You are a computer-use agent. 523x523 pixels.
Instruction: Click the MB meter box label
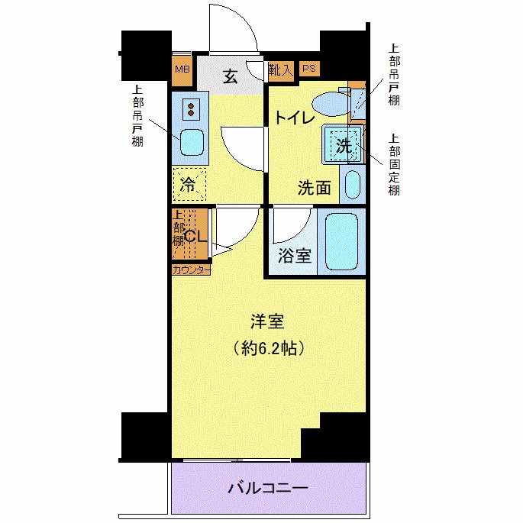point(182,69)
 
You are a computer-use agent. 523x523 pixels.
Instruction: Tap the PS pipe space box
point(308,69)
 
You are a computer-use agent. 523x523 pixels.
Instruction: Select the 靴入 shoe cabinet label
point(280,69)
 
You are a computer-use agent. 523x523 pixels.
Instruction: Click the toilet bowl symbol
point(329,102)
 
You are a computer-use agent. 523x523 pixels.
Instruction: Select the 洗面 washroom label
point(314,188)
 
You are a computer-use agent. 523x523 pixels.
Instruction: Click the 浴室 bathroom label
point(294,255)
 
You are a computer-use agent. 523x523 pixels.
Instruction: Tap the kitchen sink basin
point(191,143)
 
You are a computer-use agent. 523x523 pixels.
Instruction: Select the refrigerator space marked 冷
point(188,183)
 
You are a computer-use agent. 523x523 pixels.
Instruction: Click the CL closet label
point(195,236)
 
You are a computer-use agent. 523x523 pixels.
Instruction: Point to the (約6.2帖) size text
point(268,349)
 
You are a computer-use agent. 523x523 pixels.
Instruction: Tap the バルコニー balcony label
point(268,487)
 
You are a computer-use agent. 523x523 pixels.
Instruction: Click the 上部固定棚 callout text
point(393,164)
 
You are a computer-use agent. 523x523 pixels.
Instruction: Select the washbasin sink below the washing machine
point(352,184)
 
